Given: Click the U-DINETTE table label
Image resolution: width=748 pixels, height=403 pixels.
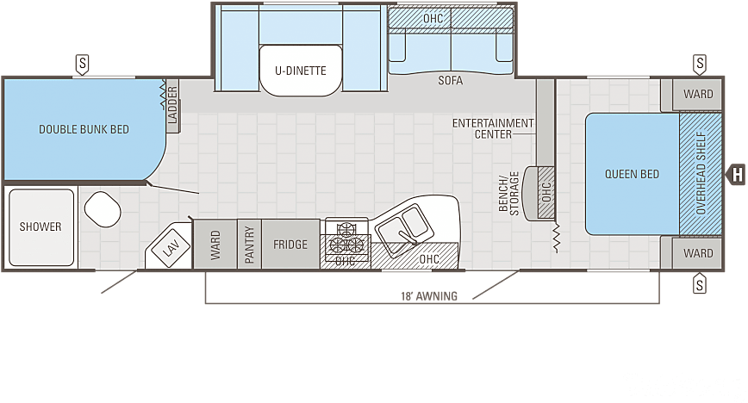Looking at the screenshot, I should point(301,71).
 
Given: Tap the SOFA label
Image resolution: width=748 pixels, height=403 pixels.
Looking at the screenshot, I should point(450,81).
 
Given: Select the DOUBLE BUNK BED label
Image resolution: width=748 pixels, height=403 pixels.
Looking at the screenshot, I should point(84,129).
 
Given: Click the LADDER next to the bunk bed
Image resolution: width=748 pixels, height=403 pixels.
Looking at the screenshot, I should point(172,107).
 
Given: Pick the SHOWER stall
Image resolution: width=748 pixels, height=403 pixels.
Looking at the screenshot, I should point(41,226).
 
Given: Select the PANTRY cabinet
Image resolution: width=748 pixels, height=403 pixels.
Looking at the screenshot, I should point(249,245).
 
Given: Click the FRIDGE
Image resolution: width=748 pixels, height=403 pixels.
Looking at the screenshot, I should point(290,245).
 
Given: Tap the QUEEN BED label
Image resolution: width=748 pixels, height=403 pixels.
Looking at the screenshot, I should point(632,174).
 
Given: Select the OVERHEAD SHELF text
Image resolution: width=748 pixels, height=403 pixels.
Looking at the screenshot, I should point(700,173).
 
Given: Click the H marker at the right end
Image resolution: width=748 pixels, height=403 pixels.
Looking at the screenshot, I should point(738,174).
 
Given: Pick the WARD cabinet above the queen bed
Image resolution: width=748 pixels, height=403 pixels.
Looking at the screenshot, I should point(698,94).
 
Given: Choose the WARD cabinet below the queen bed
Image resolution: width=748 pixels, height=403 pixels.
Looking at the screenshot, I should point(698,253).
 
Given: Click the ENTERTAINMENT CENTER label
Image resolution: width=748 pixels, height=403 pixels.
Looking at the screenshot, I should point(493,128).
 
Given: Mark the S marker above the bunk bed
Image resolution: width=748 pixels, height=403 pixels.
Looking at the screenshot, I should point(83,63).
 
